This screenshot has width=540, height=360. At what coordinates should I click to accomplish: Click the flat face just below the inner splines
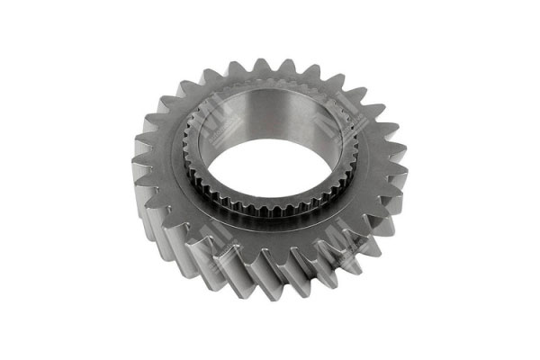click(270, 236)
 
